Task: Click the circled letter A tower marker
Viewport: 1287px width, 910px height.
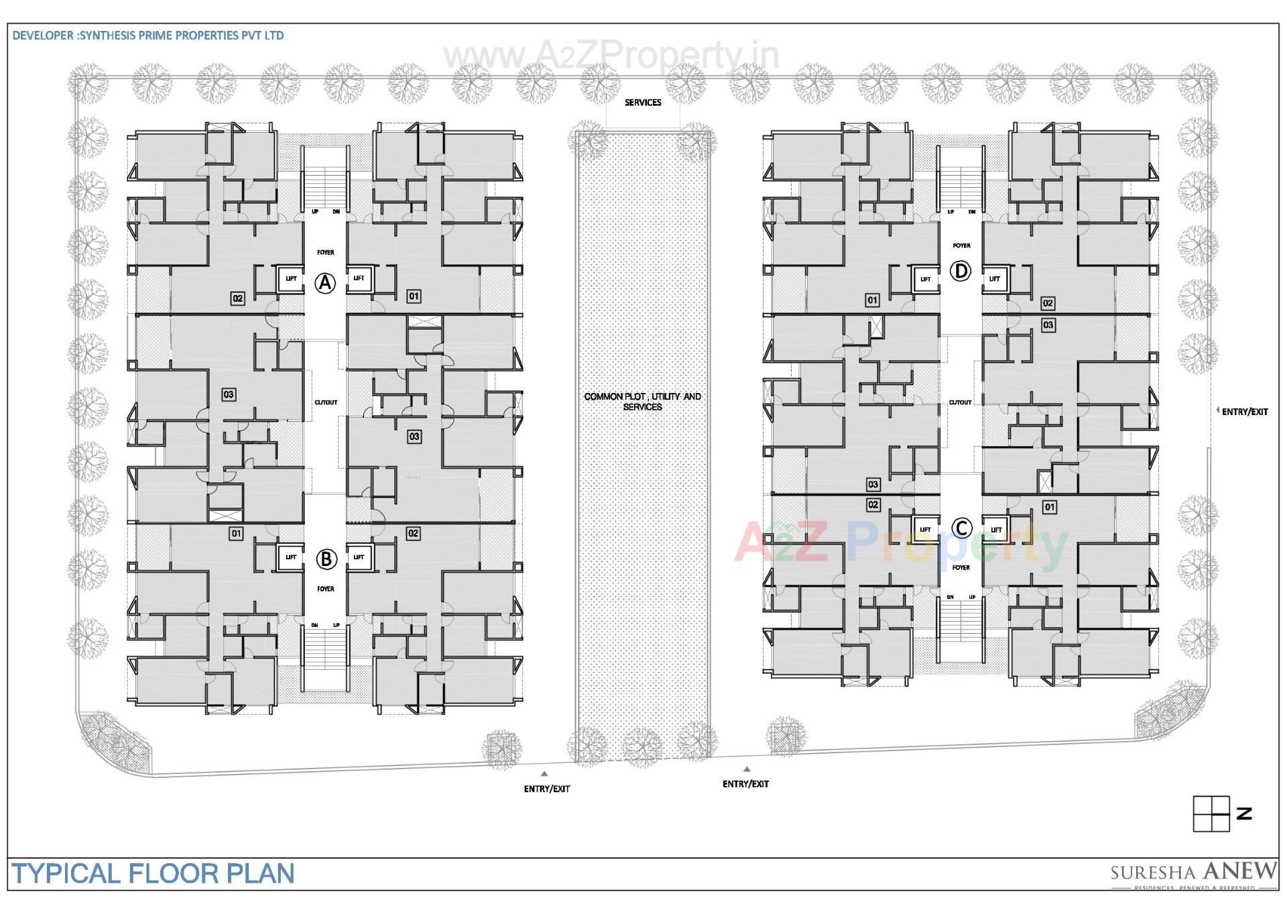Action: [326, 283]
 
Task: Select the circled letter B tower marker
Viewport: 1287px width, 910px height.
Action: [326, 559]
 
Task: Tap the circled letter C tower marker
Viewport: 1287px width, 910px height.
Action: [962, 528]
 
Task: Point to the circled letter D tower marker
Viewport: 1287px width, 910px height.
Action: [961, 271]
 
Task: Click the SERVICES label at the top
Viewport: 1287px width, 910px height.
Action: [643, 103]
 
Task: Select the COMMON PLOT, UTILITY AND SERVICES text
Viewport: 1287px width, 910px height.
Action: [642, 402]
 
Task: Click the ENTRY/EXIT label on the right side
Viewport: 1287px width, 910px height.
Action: [1244, 412]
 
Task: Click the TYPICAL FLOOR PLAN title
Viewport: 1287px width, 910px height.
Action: [154, 874]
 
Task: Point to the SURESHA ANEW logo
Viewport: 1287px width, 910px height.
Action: [1193, 873]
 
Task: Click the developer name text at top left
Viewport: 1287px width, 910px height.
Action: [148, 36]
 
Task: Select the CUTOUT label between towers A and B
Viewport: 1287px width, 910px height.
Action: [326, 402]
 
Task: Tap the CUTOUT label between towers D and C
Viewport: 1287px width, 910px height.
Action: [960, 402]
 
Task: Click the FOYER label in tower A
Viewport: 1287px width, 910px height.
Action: [326, 252]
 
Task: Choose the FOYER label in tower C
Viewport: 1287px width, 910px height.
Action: [961, 567]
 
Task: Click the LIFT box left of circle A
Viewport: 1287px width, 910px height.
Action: [291, 278]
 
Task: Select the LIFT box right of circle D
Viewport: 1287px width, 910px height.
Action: [995, 278]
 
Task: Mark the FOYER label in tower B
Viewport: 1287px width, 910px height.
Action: [326, 589]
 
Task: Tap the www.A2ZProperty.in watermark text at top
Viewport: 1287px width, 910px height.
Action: [611, 55]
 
